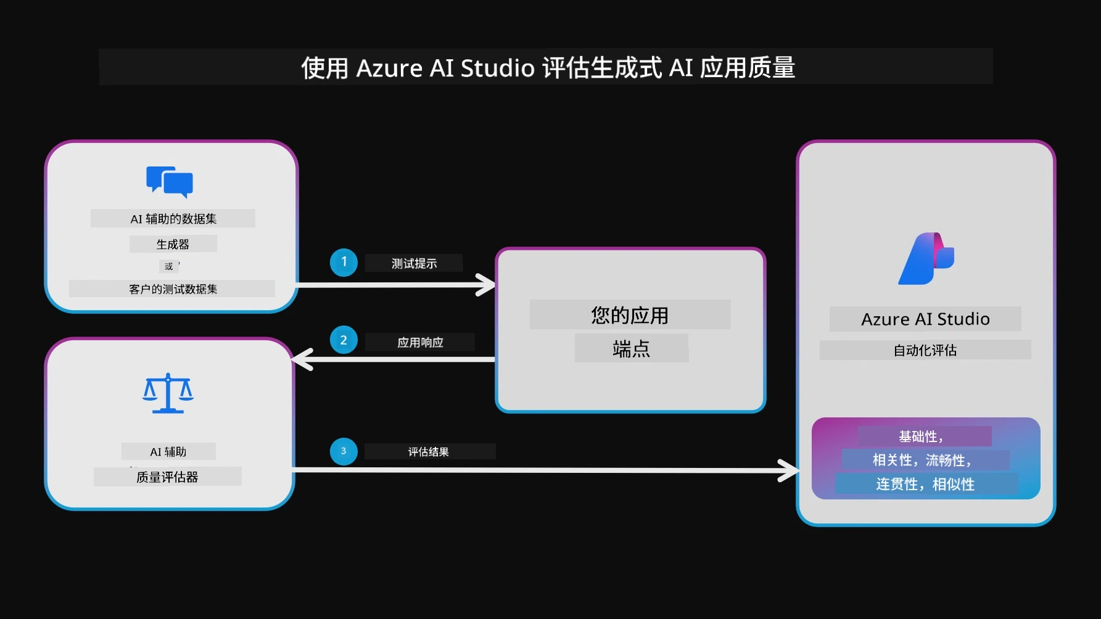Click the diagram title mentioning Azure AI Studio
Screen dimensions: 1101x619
[x=548, y=68]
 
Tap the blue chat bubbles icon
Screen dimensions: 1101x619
[x=170, y=182]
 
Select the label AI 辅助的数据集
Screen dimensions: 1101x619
[x=173, y=219]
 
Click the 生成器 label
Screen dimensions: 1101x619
[x=173, y=244]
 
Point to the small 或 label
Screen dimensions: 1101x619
[x=169, y=266]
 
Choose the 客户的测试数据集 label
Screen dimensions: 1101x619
[x=173, y=289]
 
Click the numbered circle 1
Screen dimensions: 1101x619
[x=344, y=262]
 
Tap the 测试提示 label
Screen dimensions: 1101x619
[x=414, y=263]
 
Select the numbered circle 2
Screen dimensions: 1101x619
[x=344, y=340]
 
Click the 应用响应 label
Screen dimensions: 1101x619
[x=420, y=342]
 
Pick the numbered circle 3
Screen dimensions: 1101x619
[x=344, y=451]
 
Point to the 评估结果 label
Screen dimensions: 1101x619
[x=428, y=452]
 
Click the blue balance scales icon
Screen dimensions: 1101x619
[x=168, y=393]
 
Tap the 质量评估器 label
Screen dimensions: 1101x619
[x=167, y=477]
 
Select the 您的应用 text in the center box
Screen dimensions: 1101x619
[x=630, y=315]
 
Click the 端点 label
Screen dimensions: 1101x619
[x=631, y=349]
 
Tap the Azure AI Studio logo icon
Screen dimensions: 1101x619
[x=926, y=258]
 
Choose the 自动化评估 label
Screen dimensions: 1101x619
[x=925, y=350]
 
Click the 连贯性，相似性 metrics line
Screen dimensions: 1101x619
[x=925, y=484]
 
